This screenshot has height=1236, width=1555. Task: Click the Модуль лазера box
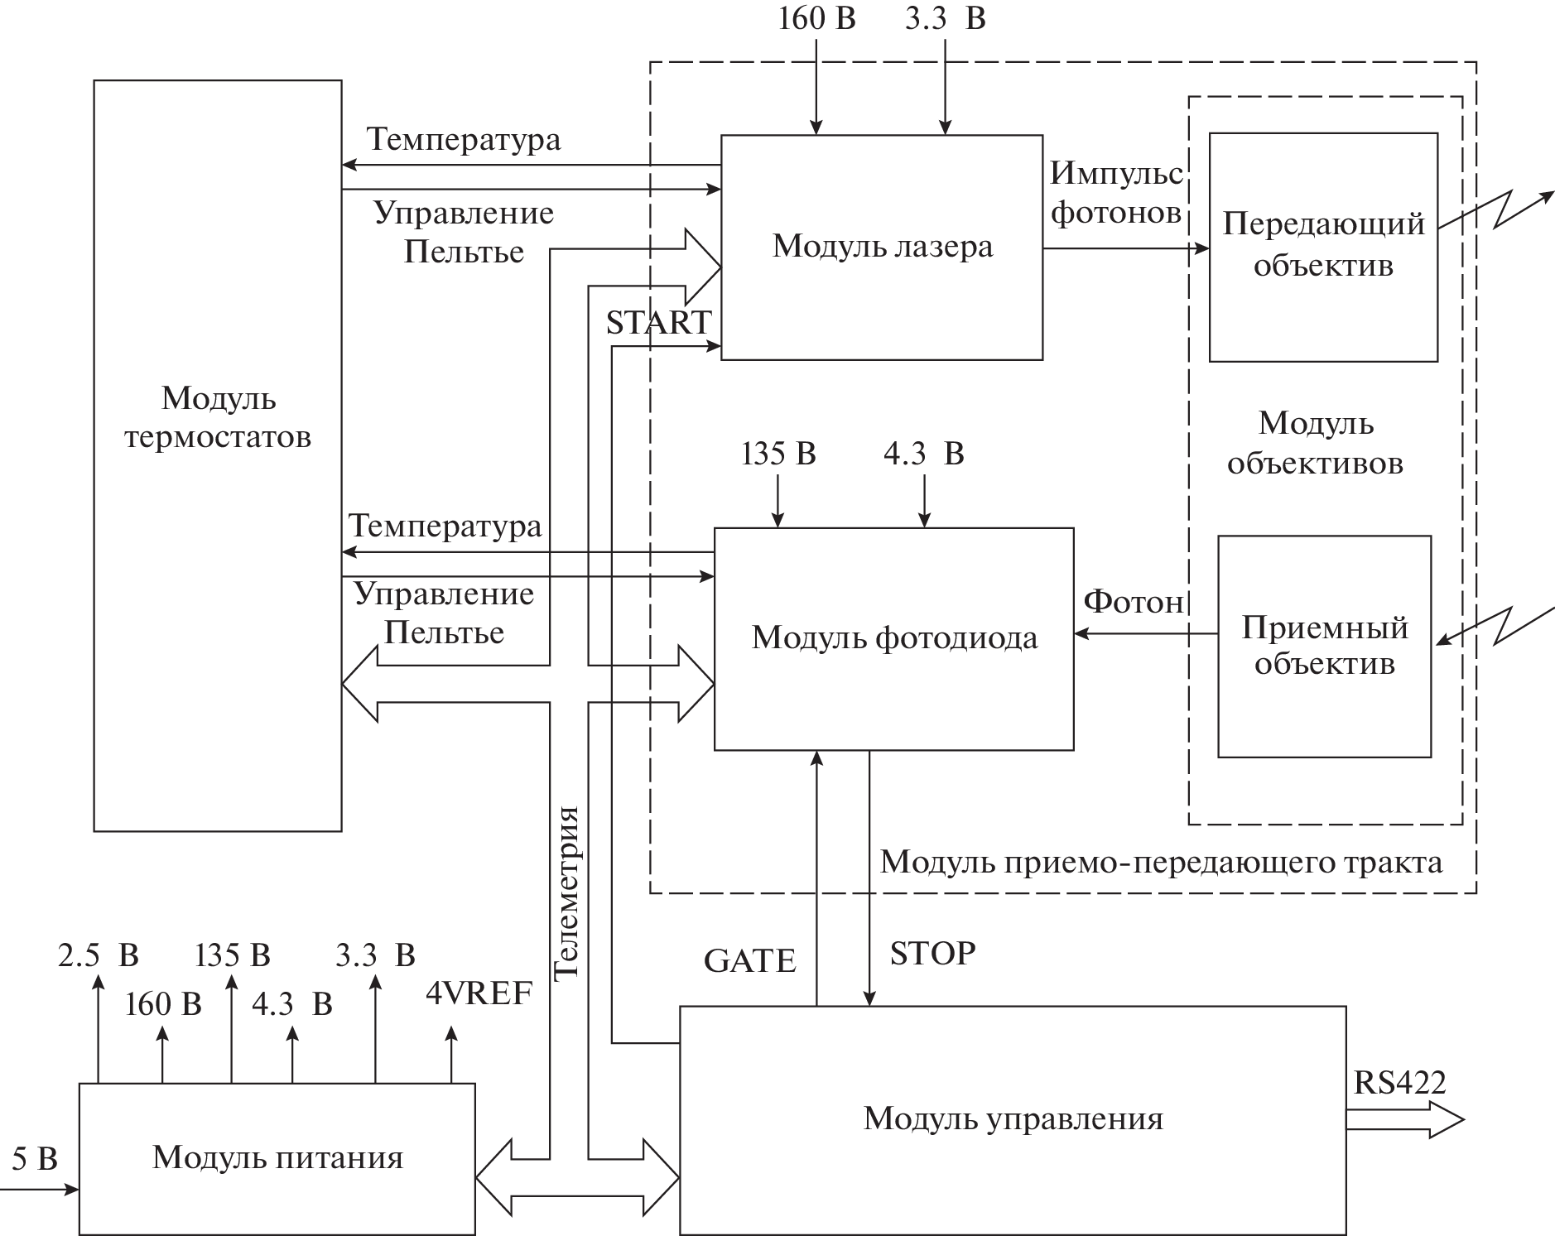881,247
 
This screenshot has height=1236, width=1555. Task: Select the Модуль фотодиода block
893,638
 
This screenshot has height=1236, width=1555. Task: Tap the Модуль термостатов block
217,455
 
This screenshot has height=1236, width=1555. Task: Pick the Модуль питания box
277,1157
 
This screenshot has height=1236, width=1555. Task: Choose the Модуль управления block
1012,1119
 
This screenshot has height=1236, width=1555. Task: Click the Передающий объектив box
1322,247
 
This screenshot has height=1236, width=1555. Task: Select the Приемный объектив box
1324,646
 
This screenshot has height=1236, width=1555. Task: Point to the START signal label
658,323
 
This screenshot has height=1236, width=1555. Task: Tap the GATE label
749,961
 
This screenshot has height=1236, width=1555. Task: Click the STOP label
932,954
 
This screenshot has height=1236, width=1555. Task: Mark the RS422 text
1399,1082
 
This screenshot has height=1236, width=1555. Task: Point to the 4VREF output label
479,993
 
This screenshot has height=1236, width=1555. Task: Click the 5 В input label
35,1159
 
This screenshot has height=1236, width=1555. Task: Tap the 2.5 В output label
98,955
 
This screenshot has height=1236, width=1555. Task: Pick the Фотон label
1134,602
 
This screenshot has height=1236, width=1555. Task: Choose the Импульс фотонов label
1115,193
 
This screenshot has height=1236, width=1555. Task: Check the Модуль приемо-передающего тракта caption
1161,863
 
